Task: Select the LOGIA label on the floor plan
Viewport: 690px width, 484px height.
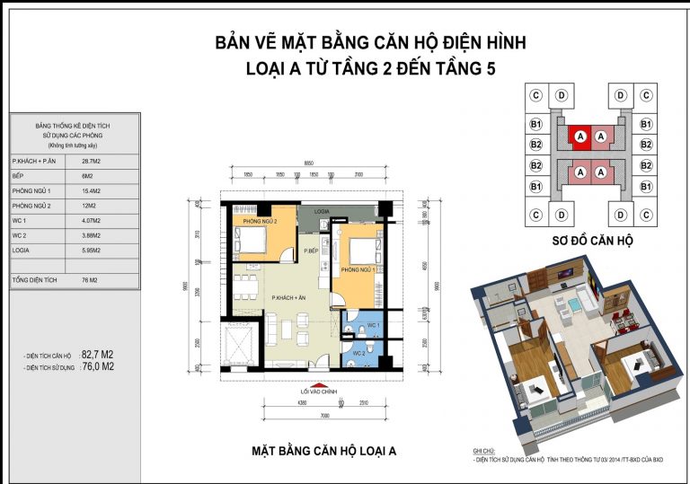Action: (x=324, y=211)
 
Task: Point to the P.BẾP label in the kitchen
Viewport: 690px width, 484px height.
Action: (x=312, y=251)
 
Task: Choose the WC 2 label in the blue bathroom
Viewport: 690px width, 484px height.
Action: (x=359, y=354)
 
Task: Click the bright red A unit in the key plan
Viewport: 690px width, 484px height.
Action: (x=580, y=136)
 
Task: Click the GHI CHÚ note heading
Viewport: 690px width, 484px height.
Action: (x=486, y=452)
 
